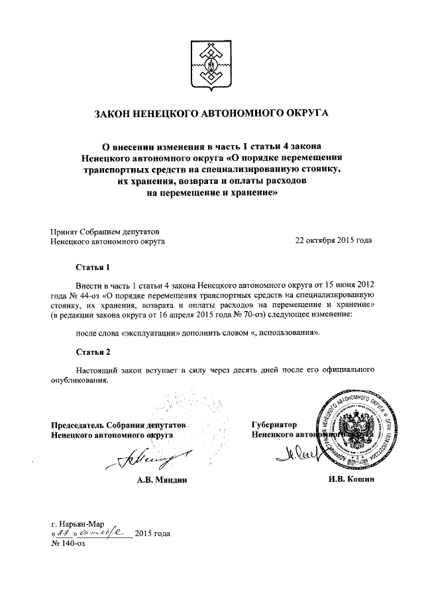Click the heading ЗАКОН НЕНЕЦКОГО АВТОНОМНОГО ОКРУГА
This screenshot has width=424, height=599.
[212, 113]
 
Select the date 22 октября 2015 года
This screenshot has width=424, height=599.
[333, 242]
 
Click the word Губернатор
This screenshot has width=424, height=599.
[274, 425]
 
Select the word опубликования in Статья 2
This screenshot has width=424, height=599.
[79, 380]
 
